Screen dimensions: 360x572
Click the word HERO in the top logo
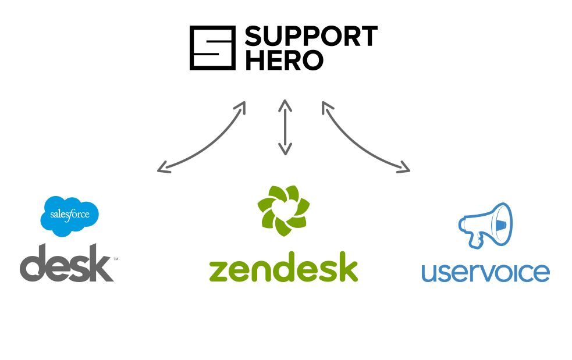[283, 60]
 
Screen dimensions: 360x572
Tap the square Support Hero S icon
[212, 48]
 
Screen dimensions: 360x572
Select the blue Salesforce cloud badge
[69, 216]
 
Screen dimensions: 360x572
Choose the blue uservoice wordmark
[485, 272]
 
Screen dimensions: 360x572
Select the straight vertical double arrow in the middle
[284, 128]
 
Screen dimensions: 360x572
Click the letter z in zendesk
[219, 271]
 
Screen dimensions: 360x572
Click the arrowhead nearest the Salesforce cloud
[162, 169]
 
